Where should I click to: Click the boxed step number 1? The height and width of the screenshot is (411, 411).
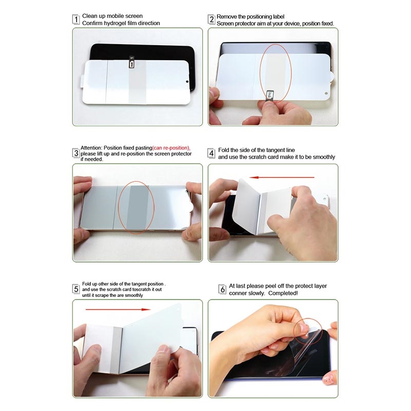point(76,20)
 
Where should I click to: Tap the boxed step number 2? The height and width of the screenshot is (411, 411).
point(212,20)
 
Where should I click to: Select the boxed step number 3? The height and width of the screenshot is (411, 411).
point(76,153)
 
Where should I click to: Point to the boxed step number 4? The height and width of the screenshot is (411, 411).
point(212,153)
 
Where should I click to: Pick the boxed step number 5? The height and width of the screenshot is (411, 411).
point(76,289)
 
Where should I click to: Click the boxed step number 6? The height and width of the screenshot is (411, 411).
point(222,289)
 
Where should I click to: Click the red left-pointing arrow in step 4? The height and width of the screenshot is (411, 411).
point(282,177)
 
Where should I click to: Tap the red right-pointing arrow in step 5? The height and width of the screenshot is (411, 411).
point(118,310)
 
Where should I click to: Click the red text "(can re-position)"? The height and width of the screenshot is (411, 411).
point(171,148)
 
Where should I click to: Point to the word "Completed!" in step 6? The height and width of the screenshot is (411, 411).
point(283,293)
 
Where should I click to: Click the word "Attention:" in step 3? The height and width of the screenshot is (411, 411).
point(91,148)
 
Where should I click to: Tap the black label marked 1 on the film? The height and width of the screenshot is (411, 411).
point(132,62)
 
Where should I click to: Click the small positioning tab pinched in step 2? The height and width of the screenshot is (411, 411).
point(270,96)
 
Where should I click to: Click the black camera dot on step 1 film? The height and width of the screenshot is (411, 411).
point(187,82)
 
